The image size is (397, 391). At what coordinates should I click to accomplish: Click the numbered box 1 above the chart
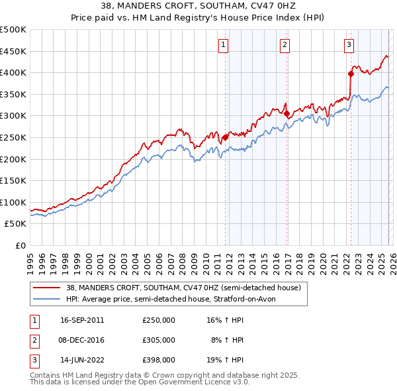point(223,45)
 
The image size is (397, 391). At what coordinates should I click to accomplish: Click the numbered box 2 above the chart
point(285,45)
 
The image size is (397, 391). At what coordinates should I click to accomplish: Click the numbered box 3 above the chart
point(348,45)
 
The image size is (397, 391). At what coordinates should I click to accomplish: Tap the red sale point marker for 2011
point(226,137)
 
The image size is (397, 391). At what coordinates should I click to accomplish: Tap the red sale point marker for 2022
point(351,74)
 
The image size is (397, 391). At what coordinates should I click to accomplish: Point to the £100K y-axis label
point(14,202)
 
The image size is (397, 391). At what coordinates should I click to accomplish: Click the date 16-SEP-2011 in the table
point(82,319)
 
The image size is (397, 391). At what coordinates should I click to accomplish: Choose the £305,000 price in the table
point(159,339)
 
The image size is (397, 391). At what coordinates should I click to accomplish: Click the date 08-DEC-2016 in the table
point(82,339)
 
